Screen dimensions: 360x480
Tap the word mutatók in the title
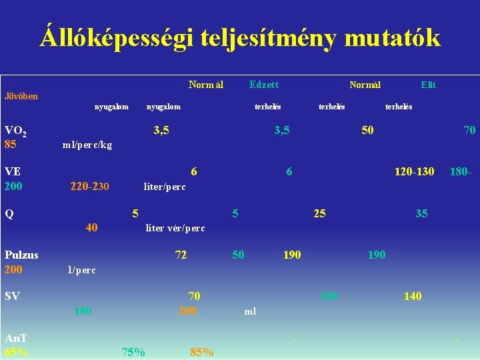click(x=392, y=38)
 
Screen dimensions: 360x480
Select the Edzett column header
click(x=263, y=85)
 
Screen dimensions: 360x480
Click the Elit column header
click(x=428, y=85)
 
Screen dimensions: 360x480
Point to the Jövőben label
click(x=21, y=96)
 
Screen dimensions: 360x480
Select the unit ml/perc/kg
click(x=87, y=145)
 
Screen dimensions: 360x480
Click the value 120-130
click(x=414, y=172)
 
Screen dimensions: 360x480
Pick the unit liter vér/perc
click(x=175, y=228)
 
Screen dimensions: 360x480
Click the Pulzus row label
click(x=21, y=255)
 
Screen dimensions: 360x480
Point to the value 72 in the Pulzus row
click(x=181, y=255)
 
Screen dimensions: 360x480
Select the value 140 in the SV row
click(x=412, y=296)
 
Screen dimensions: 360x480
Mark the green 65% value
click(x=16, y=352)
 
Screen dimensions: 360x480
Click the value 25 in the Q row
click(x=320, y=213)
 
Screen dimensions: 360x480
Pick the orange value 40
click(x=92, y=227)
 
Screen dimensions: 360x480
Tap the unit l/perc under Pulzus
click(x=81, y=270)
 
